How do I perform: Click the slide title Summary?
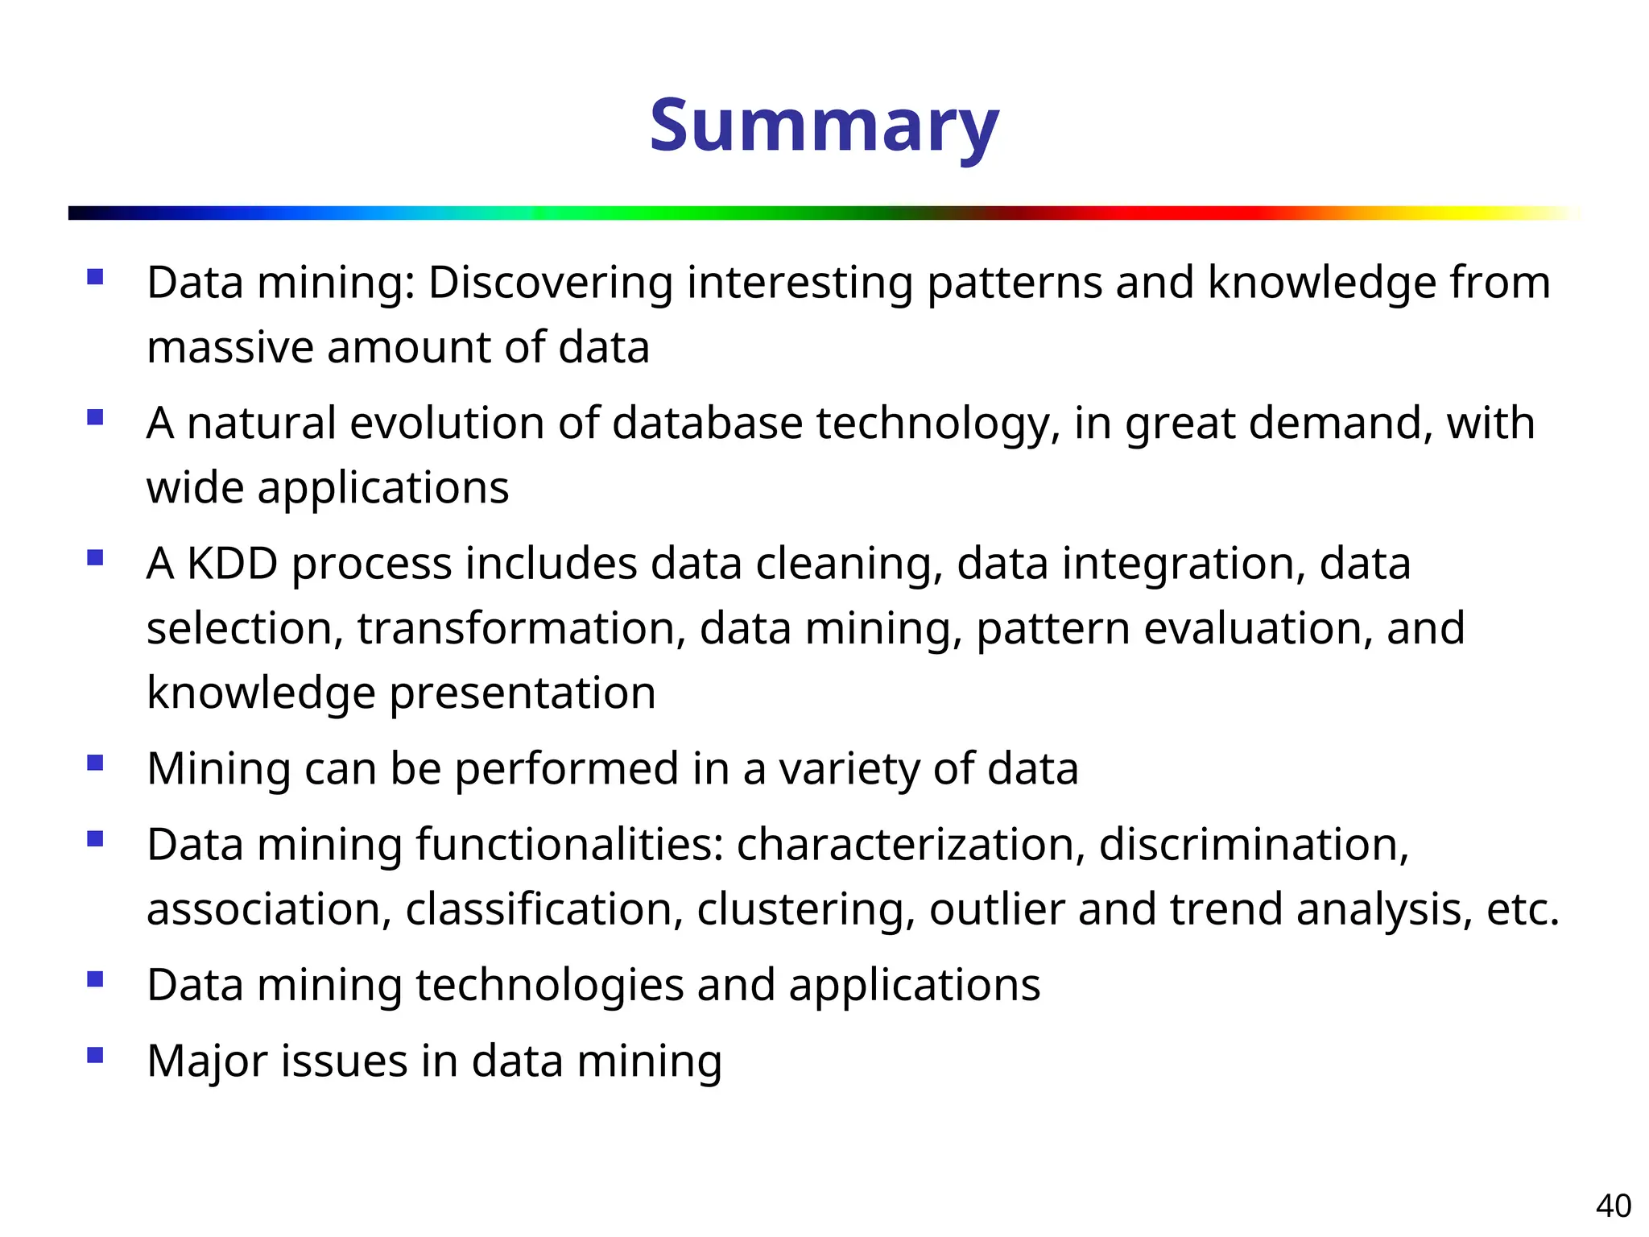(x=824, y=126)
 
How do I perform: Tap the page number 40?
(x=1613, y=1206)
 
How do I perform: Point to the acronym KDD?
(x=232, y=564)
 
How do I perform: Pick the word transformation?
(x=522, y=628)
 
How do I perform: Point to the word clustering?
(x=806, y=909)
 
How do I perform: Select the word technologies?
(x=548, y=986)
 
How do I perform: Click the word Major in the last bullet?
(x=207, y=1061)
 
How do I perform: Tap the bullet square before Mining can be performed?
(x=96, y=762)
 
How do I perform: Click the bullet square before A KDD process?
(x=96, y=557)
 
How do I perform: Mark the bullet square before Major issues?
(x=96, y=1055)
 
